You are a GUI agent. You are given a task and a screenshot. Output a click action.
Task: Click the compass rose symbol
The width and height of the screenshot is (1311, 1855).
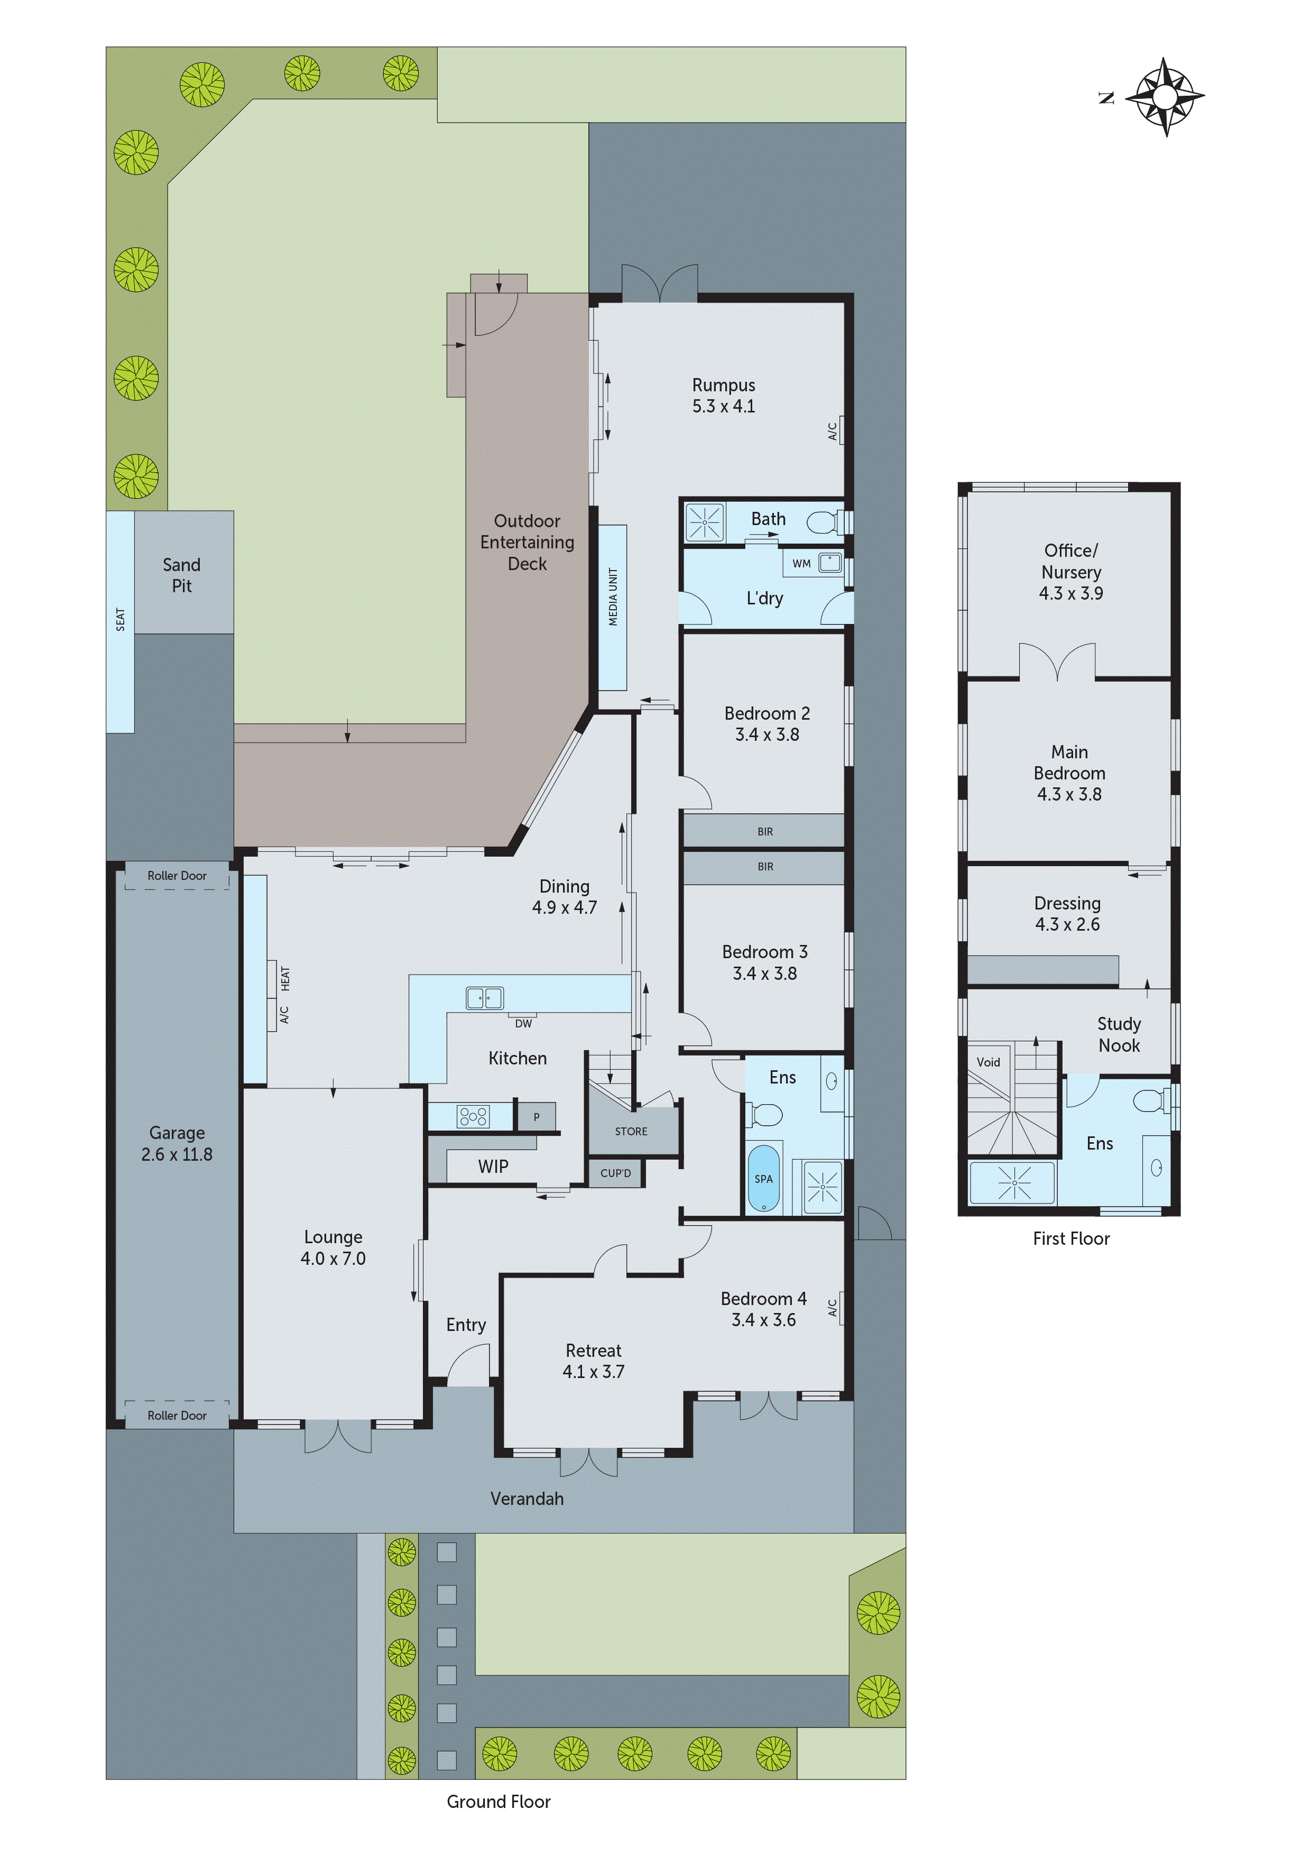1164,97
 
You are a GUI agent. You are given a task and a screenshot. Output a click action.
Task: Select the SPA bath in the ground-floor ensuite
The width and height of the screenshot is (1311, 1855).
763,1179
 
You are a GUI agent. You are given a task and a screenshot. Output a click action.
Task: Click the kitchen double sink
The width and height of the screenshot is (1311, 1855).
485,998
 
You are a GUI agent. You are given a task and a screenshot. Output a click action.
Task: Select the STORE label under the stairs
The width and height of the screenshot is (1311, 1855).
631,1131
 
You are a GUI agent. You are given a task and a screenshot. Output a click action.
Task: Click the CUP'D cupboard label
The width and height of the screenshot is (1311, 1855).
615,1173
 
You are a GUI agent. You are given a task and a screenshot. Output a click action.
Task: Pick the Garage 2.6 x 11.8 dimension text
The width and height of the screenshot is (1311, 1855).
177,1154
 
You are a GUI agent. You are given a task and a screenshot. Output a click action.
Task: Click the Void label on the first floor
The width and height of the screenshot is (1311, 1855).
988,1062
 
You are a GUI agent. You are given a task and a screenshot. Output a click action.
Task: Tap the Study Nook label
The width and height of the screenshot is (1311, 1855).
1119,1034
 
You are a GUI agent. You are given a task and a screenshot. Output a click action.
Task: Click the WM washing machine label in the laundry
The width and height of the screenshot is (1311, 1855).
801,563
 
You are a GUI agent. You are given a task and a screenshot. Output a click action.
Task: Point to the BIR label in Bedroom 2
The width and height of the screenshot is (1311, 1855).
765,831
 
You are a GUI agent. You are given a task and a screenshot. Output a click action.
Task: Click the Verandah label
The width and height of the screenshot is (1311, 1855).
527,1499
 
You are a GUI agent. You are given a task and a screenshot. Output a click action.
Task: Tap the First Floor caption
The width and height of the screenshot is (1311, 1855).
1071,1238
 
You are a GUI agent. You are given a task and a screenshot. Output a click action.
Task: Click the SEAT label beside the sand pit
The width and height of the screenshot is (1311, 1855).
121,620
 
